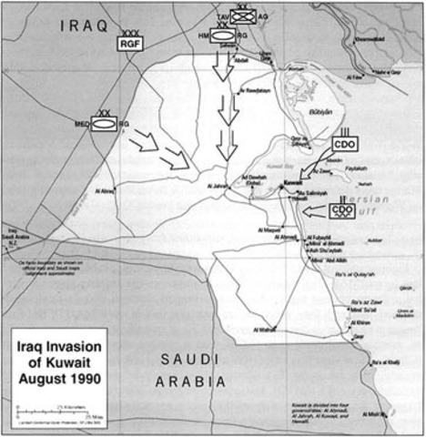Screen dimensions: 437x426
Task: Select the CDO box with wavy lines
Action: click(342, 212)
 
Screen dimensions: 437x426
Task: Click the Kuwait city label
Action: click(291, 184)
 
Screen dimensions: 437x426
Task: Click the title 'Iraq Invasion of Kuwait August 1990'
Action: click(62, 360)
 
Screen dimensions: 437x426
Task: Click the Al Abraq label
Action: click(106, 192)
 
